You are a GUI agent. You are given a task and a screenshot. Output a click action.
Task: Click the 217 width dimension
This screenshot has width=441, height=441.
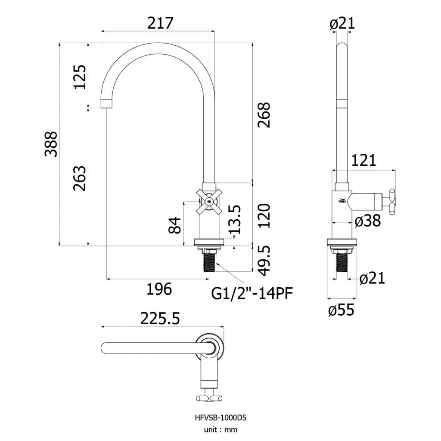tap(160, 23)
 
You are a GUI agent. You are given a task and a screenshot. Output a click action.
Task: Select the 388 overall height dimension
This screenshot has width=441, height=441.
tap(51, 144)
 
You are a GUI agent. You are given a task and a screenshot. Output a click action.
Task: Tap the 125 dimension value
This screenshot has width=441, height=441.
tap(80, 77)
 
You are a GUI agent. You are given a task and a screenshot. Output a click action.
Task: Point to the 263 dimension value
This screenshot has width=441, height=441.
tap(80, 178)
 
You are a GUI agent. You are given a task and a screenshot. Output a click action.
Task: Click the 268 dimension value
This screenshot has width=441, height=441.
tap(264, 115)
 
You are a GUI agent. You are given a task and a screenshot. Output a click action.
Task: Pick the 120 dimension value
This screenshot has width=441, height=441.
tap(264, 216)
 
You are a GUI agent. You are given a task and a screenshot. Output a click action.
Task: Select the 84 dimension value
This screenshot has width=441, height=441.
tap(174, 225)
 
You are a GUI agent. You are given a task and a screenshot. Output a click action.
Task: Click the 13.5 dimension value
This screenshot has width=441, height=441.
tap(235, 220)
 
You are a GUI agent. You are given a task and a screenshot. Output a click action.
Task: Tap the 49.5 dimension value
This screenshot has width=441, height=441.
tap(264, 261)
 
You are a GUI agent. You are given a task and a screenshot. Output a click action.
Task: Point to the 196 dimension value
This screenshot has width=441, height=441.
tap(159, 289)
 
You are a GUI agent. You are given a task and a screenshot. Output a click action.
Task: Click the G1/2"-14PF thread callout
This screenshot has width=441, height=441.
tap(252, 294)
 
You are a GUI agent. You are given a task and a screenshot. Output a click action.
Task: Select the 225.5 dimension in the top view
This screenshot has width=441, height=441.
tap(160, 319)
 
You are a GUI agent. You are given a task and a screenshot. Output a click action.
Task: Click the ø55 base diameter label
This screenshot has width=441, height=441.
tap(342, 310)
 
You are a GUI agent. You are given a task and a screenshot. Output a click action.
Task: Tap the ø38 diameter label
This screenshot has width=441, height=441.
tap(368, 221)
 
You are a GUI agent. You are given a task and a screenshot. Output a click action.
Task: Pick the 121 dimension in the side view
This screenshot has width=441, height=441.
tap(363, 160)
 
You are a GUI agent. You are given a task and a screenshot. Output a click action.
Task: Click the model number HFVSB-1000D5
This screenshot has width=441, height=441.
tap(220, 418)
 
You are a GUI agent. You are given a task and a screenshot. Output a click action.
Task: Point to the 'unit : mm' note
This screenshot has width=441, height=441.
tap(220, 430)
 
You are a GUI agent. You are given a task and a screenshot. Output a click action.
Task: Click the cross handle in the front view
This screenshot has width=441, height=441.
tap(209, 202)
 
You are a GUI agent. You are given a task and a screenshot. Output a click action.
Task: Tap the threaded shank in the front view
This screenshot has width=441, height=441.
tap(209, 262)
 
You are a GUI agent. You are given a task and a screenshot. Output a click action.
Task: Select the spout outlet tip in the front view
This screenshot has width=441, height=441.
tap(106, 103)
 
